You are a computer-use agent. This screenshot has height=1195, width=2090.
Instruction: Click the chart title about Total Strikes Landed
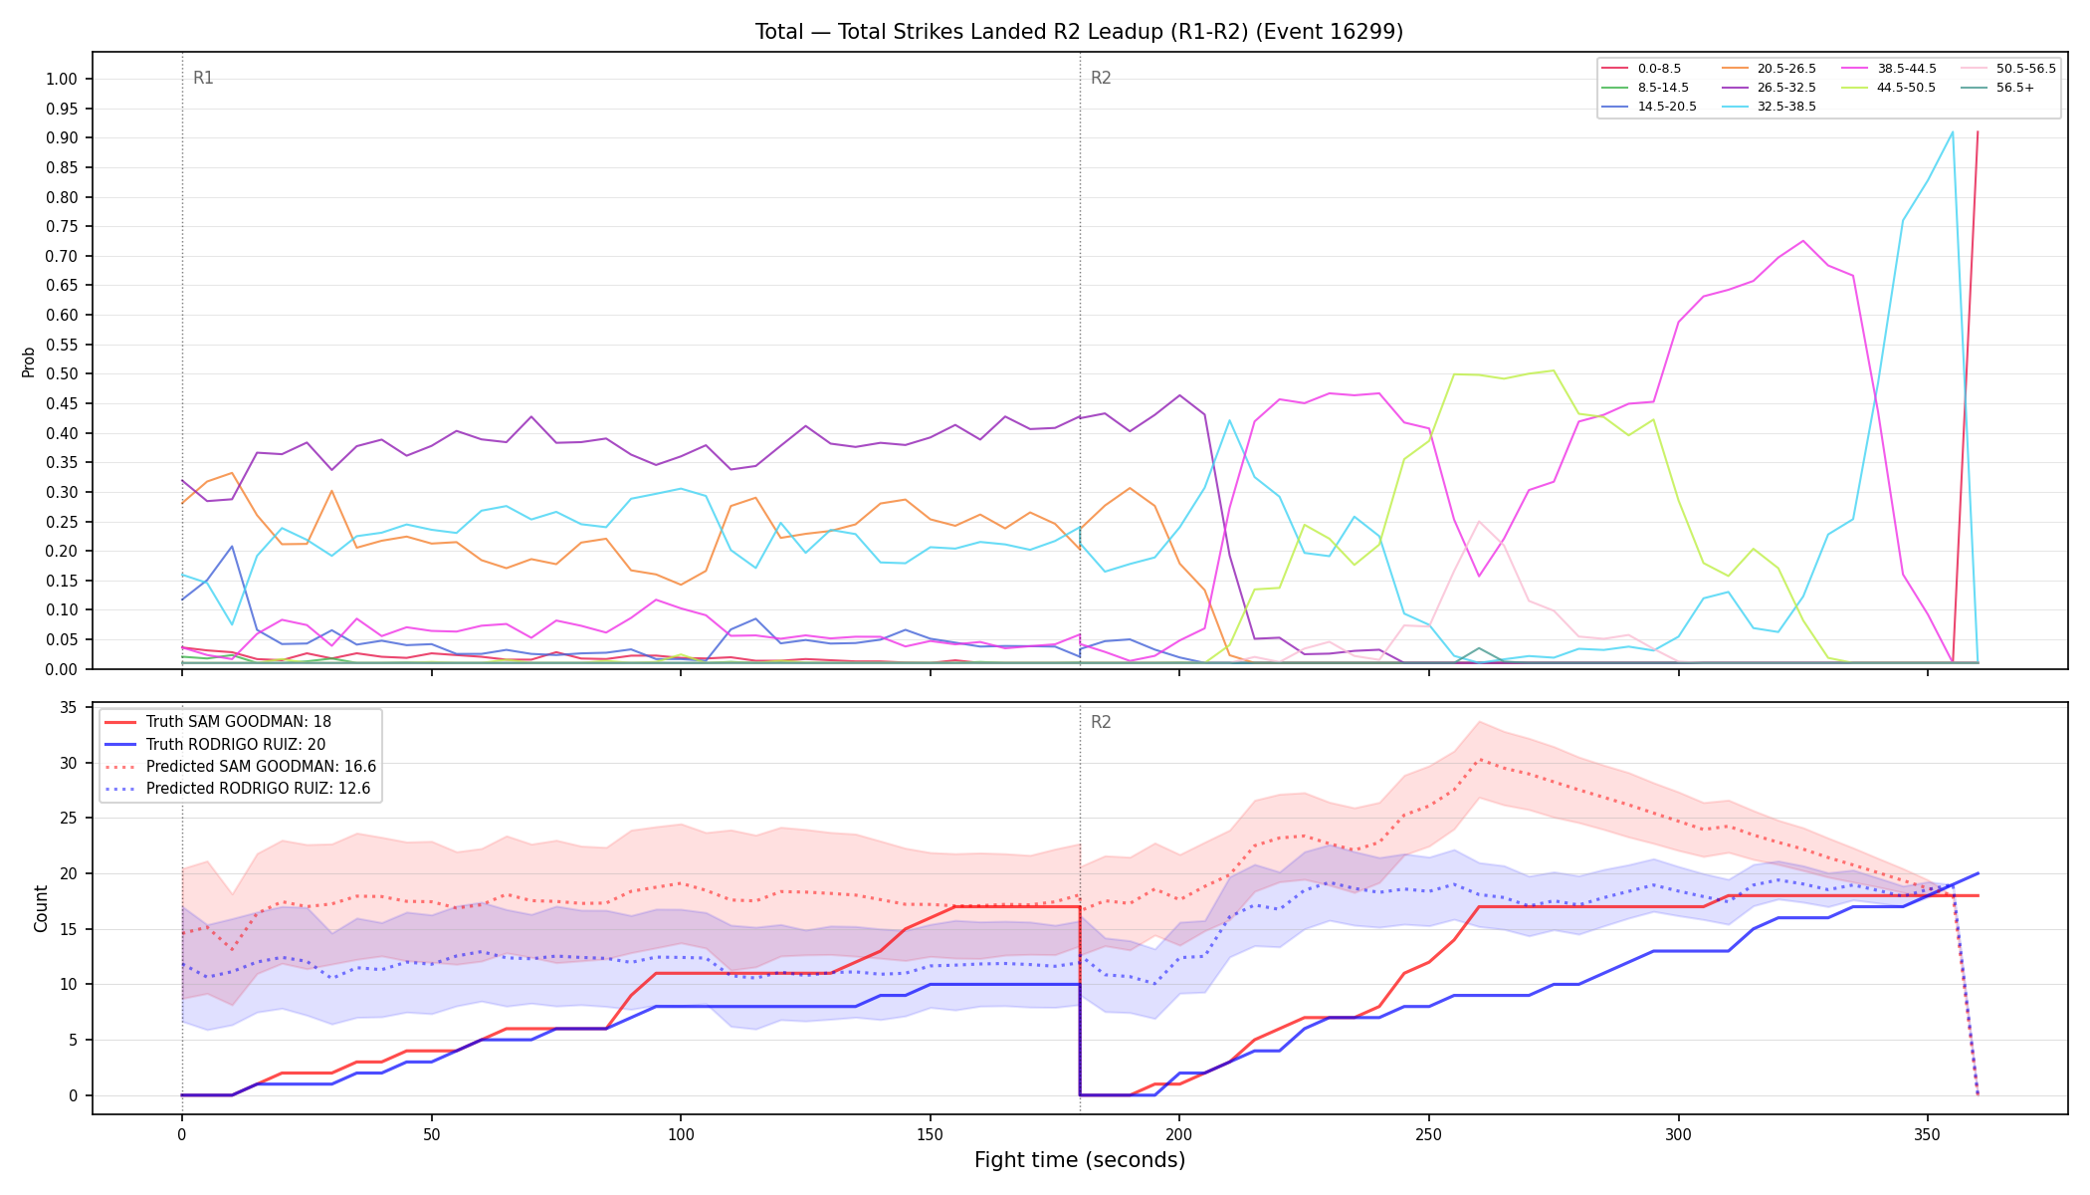(1079, 32)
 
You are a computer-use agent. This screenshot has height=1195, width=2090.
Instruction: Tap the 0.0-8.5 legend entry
(1641, 69)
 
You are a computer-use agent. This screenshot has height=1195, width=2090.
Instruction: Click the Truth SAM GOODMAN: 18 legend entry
(218, 722)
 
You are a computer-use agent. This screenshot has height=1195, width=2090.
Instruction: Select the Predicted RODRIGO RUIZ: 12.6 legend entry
(240, 789)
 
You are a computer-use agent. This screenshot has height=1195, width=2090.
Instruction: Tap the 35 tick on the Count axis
(69, 708)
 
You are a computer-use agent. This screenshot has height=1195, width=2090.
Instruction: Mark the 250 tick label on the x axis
(1428, 1134)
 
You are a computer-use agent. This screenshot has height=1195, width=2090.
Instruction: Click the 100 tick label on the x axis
(680, 1134)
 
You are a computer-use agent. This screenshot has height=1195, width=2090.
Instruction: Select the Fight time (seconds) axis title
(1080, 1160)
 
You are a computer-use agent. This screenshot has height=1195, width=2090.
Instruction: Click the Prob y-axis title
(29, 361)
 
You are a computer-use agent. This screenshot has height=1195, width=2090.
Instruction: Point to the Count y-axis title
(41, 908)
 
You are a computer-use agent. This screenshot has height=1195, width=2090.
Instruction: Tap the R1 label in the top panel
(203, 78)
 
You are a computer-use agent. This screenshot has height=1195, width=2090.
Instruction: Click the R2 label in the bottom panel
(1101, 722)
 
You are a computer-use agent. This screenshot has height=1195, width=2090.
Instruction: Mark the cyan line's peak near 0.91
(1953, 132)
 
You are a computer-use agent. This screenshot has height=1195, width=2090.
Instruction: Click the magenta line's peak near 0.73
(1802, 240)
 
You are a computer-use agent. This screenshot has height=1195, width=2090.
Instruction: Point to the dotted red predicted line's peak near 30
(1479, 760)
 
